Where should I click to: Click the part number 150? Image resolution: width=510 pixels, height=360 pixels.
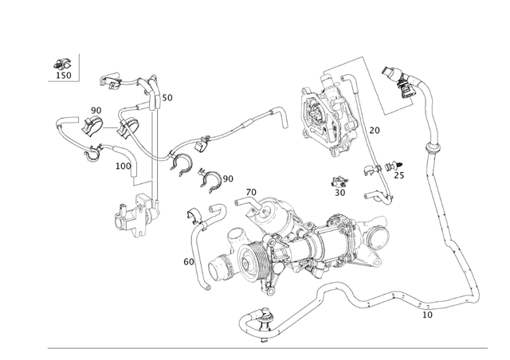63,76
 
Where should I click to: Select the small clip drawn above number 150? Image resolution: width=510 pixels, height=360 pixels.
60,62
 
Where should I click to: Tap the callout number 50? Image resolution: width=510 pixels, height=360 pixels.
167,98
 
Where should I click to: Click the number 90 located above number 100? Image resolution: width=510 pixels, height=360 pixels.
96,110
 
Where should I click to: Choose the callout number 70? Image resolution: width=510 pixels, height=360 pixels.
250,192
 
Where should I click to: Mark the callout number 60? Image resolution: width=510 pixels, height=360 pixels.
189,261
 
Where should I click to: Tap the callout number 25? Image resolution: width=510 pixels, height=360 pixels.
398,175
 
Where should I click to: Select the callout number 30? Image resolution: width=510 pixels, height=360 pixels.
339,192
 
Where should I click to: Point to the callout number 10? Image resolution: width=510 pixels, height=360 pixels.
427,315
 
